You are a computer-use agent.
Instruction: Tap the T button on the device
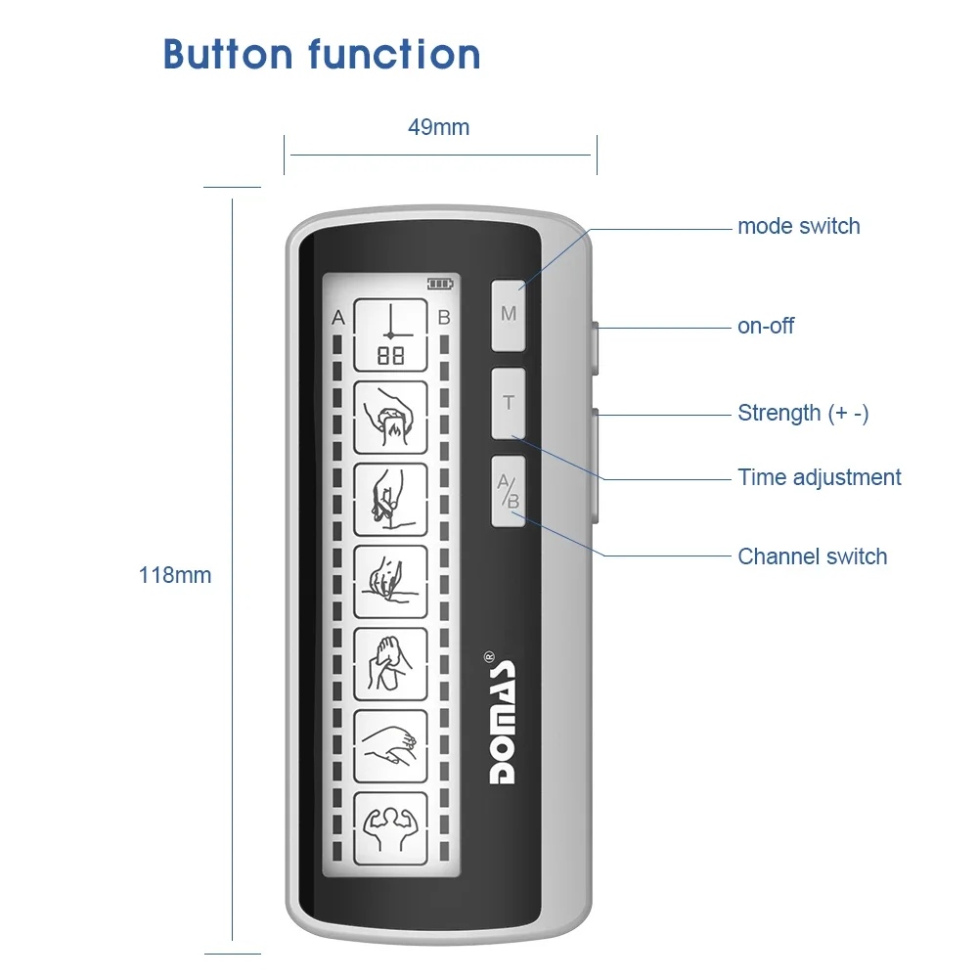click(x=509, y=403)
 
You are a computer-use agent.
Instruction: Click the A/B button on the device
click(x=509, y=492)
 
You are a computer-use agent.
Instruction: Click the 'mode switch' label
click(x=798, y=226)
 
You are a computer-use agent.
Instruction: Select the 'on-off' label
click(x=766, y=326)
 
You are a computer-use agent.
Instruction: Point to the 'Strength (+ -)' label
click(x=803, y=413)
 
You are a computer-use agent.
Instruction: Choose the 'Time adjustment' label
click(x=819, y=477)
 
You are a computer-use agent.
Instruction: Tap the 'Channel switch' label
click(x=812, y=556)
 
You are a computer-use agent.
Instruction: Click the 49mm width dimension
click(x=438, y=127)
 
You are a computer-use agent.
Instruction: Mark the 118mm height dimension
click(x=175, y=575)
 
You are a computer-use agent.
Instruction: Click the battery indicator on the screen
click(x=440, y=285)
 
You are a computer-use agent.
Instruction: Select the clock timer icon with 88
click(x=390, y=334)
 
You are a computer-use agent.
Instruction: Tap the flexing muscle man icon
click(x=390, y=829)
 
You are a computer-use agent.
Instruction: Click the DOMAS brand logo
click(x=502, y=722)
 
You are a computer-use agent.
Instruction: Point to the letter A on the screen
click(x=338, y=318)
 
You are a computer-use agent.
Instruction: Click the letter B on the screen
click(x=444, y=318)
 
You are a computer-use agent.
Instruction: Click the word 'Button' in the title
click(x=228, y=54)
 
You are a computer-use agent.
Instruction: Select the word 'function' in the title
click(x=395, y=54)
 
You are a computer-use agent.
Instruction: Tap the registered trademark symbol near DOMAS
click(x=489, y=657)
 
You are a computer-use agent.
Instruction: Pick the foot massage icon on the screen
click(x=390, y=664)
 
